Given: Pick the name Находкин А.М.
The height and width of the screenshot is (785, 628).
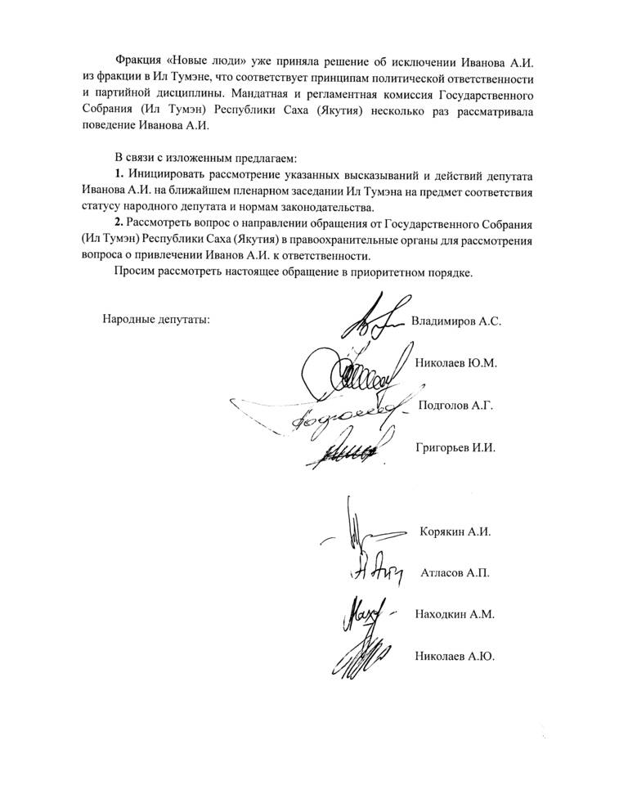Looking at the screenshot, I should pos(456,613).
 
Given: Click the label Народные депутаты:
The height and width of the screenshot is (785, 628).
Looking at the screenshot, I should pos(156,319).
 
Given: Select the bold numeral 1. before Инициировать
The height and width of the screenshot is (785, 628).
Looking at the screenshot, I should pos(119,177).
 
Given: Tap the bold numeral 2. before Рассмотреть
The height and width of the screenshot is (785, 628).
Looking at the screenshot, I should pos(119,224).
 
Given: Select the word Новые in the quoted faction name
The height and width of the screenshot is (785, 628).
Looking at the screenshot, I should pos(190,64).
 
